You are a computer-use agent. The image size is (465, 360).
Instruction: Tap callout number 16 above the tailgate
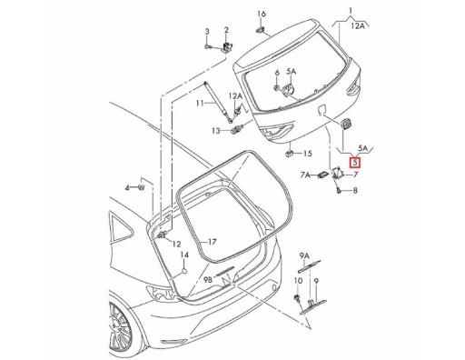tap(261, 14)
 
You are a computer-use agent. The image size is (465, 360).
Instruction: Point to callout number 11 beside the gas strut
tap(196, 105)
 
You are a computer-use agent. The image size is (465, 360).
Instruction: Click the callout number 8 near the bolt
tap(355, 191)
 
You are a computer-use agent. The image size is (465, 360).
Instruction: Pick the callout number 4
tap(129, 185)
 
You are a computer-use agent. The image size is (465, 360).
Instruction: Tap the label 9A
tap(305, 255)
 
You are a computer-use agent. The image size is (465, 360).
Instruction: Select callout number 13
tap(216, 131)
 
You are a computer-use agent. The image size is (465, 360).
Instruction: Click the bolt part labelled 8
tap(338, 191)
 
